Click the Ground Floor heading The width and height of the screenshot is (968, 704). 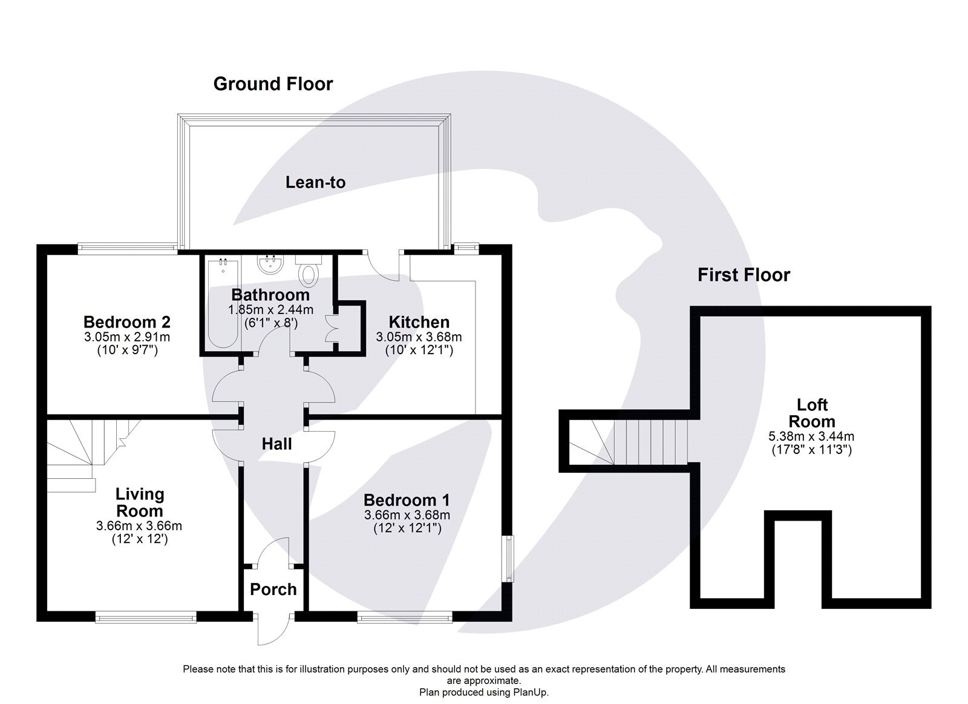point(273,84)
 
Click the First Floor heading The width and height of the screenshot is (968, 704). point(744,275)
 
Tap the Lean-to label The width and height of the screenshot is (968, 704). point(315,182)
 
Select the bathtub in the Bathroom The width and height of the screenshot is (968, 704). point(222,303)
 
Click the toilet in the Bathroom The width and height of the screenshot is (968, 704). point(309,271)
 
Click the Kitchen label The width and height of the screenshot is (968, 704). point(419,322)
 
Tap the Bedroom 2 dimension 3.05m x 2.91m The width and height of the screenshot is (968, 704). point(126,337)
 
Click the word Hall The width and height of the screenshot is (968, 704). point(276,444)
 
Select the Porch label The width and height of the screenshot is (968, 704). point(273,589)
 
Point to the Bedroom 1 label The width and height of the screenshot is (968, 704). point(407,500)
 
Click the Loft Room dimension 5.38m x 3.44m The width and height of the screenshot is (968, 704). point(811,436)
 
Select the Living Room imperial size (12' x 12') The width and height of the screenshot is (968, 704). point(139,539)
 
